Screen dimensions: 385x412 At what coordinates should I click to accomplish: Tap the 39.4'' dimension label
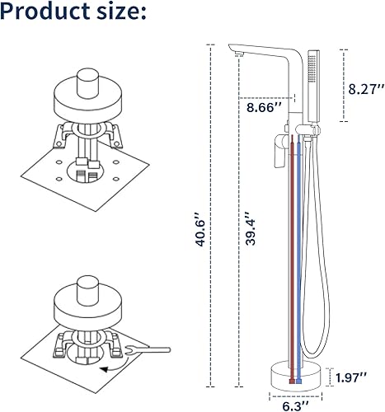point(251,228)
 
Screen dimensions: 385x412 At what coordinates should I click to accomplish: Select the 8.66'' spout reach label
point(264,107)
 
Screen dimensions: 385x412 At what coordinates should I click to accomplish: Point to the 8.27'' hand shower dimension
point(366,89)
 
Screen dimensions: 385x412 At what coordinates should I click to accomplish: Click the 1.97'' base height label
point(351,377)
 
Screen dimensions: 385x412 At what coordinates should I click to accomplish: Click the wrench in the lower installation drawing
point(148,350)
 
